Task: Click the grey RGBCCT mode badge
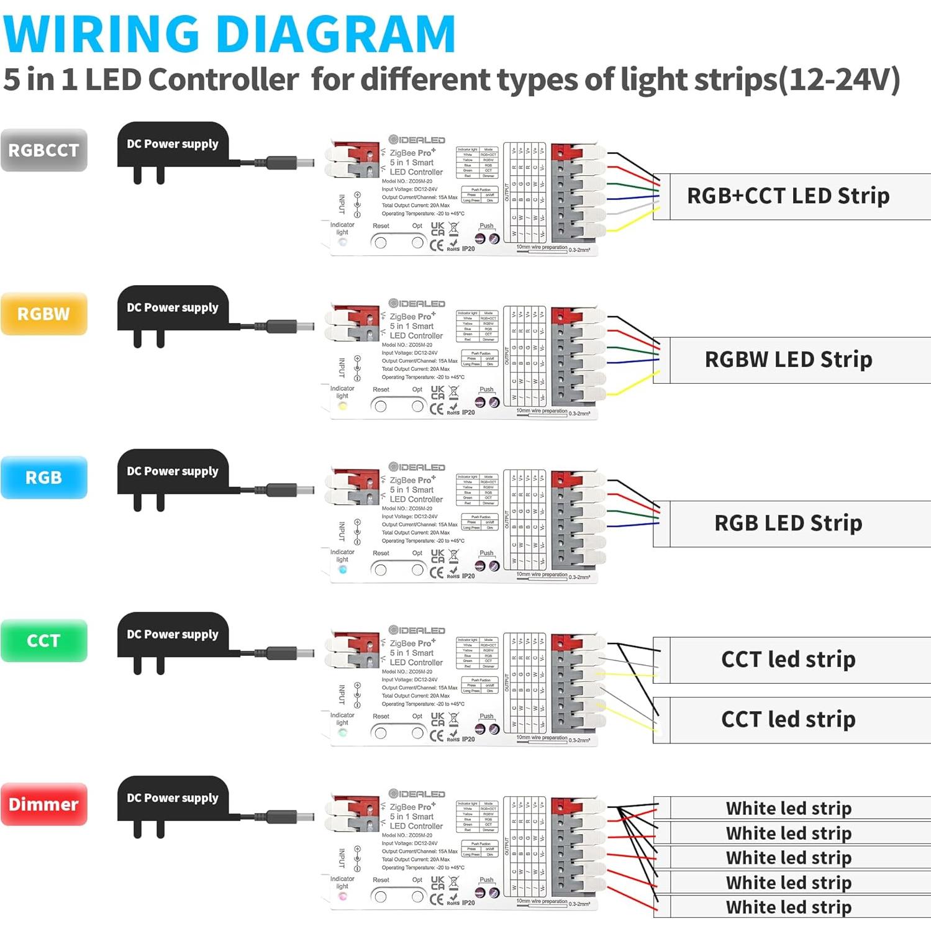[43, 150]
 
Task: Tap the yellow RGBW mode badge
[43, 314]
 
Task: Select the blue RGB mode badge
[43, 477]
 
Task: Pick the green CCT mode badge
[43, 640]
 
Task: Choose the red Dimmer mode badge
[43, 804]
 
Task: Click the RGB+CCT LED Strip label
[788, 196]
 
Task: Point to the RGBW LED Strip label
[788, 360]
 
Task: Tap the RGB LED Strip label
[788, 523]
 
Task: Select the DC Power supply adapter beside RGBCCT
[173, 149]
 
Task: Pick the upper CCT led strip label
[788, 660]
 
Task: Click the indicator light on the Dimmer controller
[342, 897]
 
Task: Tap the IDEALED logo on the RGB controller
[417, 467]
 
